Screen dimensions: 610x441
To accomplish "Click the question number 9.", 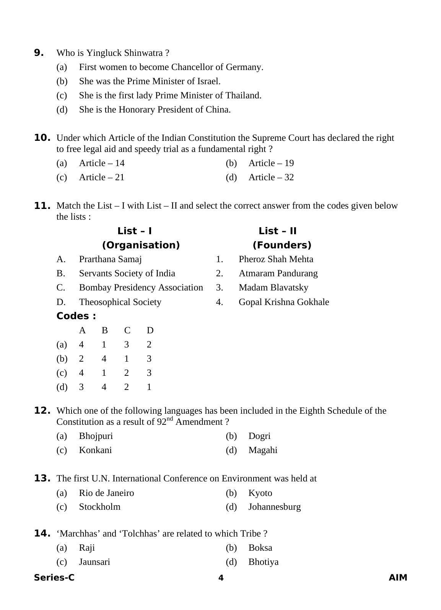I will point(39,53).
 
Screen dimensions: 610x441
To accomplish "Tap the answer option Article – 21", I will point(101,178).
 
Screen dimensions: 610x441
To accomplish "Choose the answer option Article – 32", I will point(271,178).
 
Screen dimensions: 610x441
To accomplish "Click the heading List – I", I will point(135,231).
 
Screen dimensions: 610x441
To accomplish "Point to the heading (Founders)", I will point(282,245).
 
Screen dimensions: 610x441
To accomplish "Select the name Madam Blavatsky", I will point(273,288).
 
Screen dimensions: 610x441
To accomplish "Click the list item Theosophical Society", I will point(120,302).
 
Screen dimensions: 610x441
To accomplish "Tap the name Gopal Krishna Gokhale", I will point(283,302).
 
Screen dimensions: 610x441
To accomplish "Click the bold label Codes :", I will point(76,316).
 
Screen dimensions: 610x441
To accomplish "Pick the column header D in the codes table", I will point(150,331).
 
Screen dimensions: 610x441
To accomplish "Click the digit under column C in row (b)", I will point(127,359).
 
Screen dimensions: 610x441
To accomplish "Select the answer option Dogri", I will point(259,436).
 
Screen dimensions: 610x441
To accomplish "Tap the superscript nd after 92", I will point(169,419).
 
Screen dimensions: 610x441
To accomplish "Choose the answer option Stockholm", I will point(99,507).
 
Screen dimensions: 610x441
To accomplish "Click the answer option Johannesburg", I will point(274,507).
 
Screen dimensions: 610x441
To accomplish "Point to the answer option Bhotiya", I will point(263,562).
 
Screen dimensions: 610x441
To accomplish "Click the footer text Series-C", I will point(54,578).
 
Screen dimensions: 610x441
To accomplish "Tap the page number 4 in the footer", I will point(221,578).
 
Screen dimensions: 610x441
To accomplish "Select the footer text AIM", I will point(398,578).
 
